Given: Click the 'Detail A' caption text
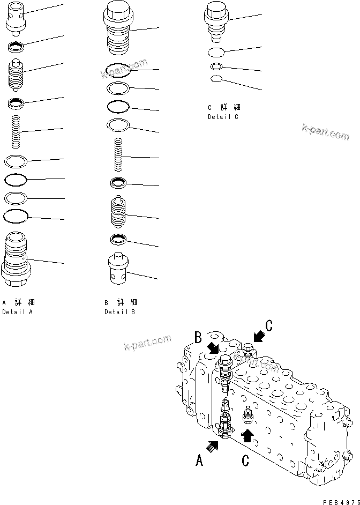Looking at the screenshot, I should tap(17, 311).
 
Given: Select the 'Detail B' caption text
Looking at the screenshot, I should tap(120, 311).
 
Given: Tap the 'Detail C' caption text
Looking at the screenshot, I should tap(223, 116).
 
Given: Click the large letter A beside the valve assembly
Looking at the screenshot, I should tap(199, 460).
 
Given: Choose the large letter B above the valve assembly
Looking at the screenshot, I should tap(198, 337).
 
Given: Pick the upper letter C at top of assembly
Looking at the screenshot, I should tap(269, 325).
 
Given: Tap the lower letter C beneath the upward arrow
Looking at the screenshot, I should tap(247, 459).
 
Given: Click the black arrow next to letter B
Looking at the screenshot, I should tap(213, 348).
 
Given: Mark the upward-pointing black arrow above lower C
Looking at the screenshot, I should tap(247, 435).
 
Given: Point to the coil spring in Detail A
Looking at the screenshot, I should tap(17, 131).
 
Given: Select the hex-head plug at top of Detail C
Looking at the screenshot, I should tap(216, 21).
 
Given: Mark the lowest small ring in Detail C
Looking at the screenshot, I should tap(216, 79).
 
